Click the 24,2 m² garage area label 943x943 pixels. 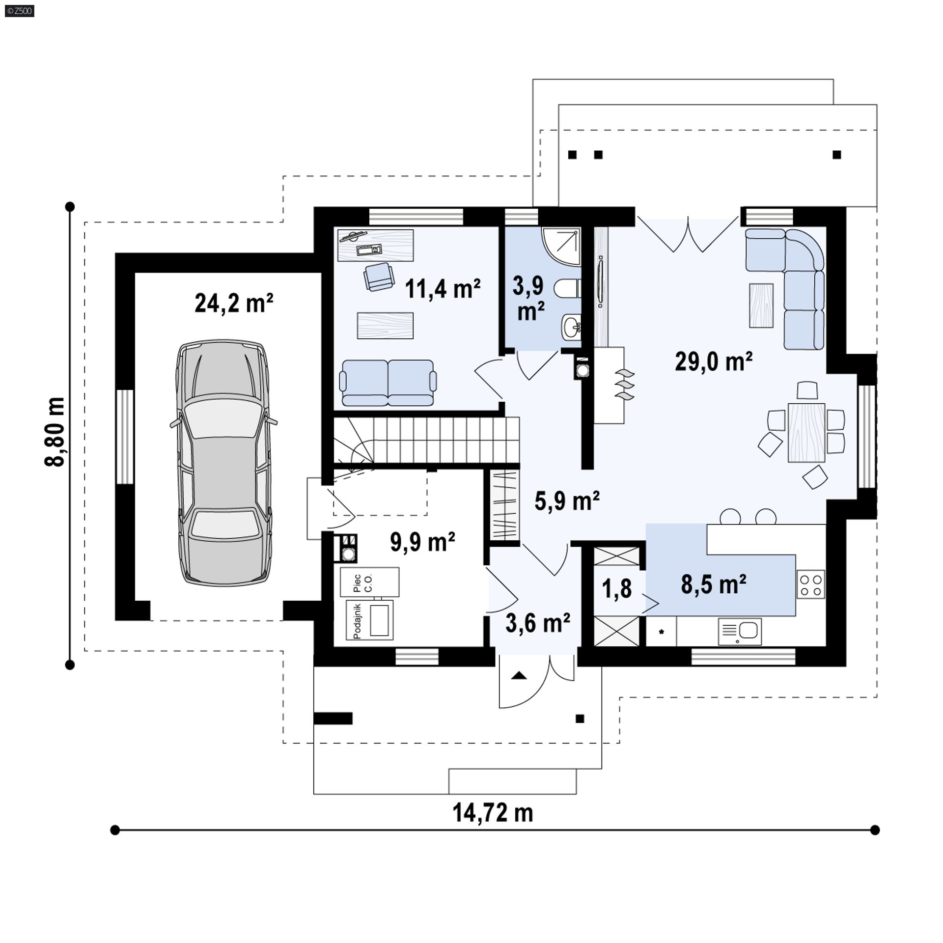(234, 303)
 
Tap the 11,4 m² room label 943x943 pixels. (443, 288)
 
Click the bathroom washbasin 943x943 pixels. (571, 327)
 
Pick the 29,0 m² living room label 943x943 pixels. (714, 362)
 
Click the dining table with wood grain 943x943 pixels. (806, 432)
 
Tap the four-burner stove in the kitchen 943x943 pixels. (810, 584)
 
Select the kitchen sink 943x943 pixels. (740, 631)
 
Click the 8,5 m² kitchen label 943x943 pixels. (714, 584)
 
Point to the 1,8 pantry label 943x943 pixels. (617, 588)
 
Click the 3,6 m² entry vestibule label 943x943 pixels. (538, 623)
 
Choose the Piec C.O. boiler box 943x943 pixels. (369, 582)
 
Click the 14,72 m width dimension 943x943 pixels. (493, 813)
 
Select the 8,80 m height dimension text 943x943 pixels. (55, 432)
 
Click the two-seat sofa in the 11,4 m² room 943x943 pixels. (388, 383)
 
